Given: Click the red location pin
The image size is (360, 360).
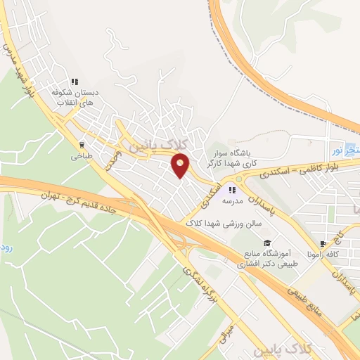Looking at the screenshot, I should pyautogui.click(x=181, y=166).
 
